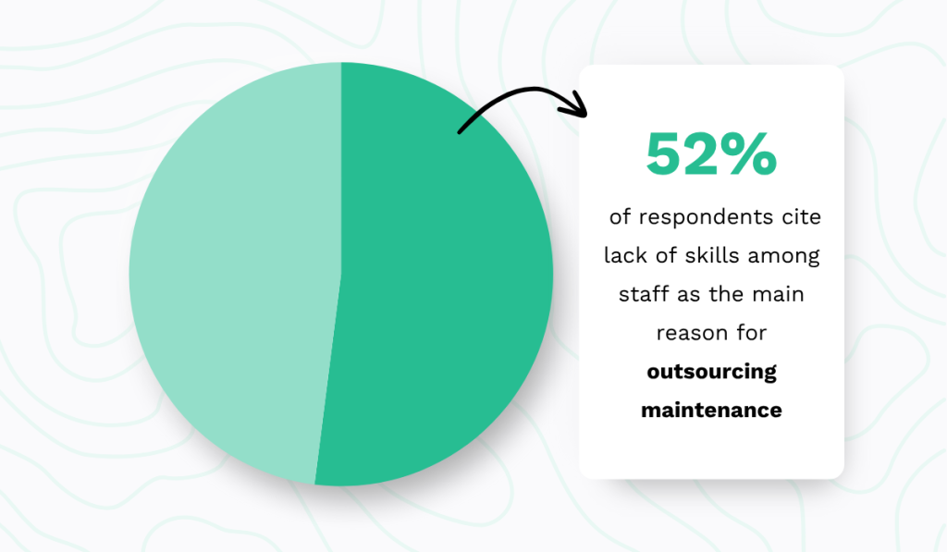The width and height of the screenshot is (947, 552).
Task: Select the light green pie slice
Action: click(x=231, y=277)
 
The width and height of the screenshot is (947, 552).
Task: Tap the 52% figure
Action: click(x=710, y=154)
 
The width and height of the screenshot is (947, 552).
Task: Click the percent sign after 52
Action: click(x=750, y=154)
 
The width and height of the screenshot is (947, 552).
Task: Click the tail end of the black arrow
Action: click(x=461, y=131)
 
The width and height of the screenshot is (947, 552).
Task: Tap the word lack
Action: click(x=624, y=255)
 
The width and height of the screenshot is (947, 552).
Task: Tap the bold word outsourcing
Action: click(x=711, y=372)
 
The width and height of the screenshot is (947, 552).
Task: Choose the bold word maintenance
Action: click(x=711, y=409)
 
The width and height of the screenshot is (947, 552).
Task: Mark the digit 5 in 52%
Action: click(x=664, y=154)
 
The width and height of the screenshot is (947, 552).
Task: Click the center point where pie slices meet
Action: click(x=341, y=274)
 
